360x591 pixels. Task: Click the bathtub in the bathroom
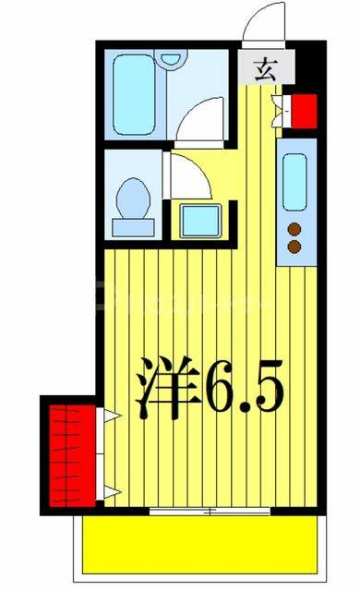134,95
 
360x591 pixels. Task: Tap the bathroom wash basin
171,59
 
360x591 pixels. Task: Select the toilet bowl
133,199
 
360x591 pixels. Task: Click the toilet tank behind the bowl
133,228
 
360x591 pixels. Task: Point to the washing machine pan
200,221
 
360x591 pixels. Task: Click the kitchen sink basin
294,182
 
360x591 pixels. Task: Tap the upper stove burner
294,229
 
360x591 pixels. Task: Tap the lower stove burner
294,247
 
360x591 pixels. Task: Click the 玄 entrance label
266,70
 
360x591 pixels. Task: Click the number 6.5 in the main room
244,386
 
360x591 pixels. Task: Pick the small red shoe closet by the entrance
305,111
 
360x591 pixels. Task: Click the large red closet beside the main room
73,456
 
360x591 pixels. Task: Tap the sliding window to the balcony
210,512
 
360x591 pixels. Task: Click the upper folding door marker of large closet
112,416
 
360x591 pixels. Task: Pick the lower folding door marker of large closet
112,492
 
